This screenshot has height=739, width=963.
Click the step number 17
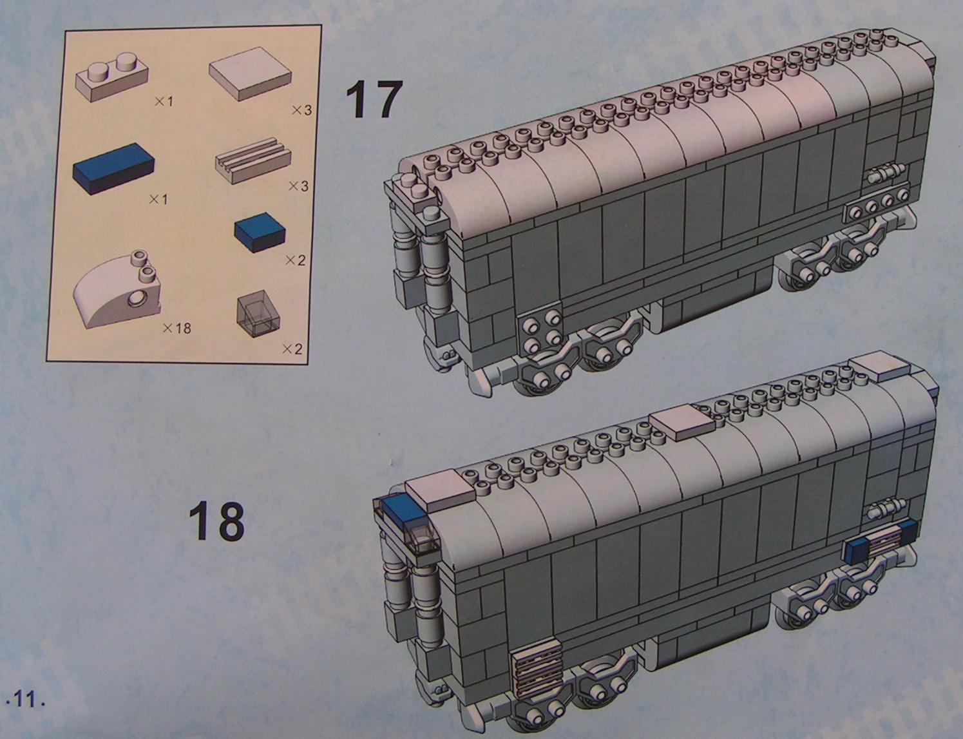[374, 100]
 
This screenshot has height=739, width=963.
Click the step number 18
[216, 521]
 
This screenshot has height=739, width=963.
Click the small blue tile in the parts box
[260, 233]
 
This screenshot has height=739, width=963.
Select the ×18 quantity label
[177, 329]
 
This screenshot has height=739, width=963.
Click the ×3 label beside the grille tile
[298, 186]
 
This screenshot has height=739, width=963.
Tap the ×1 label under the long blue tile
[158, 200]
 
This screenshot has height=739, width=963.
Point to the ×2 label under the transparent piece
[292, 350]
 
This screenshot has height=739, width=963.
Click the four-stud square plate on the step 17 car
[540, 331]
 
